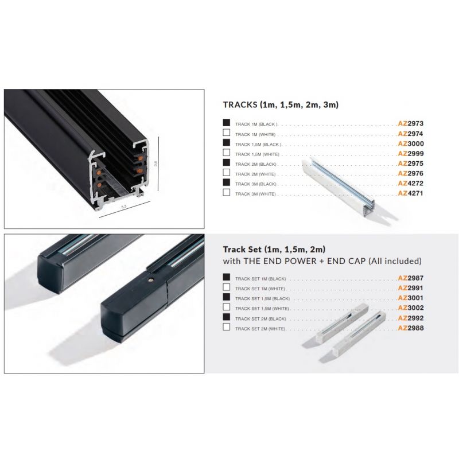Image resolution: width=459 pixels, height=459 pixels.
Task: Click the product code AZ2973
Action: [x=411, y=123]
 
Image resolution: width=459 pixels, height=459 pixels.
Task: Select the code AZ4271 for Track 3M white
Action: [x=411, y=193]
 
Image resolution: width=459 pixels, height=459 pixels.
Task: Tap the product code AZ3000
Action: [x=411, y=143]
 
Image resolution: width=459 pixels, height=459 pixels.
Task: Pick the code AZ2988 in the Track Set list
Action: [x=411, y=328]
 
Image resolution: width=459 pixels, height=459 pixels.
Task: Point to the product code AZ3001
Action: [x=411, y=298]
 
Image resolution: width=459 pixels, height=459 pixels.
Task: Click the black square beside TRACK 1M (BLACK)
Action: [x=226, y=123]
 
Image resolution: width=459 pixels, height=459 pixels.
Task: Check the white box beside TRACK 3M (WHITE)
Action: [x=226, y=192]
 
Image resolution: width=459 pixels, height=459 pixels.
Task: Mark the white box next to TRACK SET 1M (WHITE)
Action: [x=226, y=287]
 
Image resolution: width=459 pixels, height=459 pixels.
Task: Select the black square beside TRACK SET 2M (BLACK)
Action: [x=226, y=317]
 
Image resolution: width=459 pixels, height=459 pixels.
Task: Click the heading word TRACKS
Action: [x=240, y=105]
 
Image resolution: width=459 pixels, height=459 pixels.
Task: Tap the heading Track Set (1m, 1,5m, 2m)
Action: [x=274, y=250]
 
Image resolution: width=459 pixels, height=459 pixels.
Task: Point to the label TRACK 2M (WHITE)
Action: [x=255, y=174]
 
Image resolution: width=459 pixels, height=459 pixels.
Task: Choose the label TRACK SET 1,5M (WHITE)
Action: [x=262, y=309]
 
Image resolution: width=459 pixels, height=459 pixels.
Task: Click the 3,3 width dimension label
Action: [x=123, y=207]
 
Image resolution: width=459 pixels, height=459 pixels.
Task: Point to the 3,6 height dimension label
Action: [x=155, y=164]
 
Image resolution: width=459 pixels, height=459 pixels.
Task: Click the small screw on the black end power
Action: [x=150, y=280]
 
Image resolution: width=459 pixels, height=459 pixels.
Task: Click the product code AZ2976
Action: [x=411, y=173]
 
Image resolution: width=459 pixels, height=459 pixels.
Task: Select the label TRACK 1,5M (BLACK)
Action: [x=259, y=145]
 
